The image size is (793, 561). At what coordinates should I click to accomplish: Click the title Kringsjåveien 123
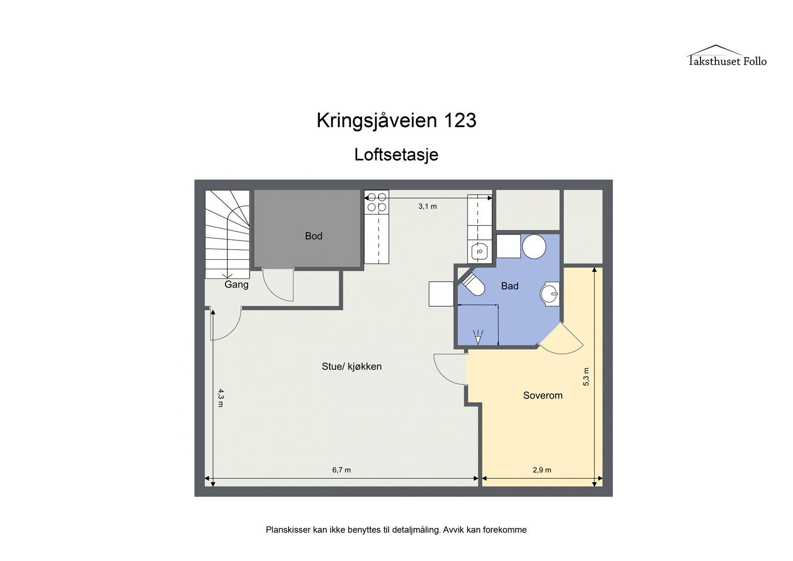click(x=396, y=121)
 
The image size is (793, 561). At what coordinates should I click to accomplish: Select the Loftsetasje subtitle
click(x=396, y=154)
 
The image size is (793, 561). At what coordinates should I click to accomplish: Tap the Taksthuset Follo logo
click(x=727, y=56)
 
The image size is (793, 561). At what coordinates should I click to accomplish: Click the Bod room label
click(x=313, y=236)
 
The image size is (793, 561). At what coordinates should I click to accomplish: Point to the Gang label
click(x=236, y=285)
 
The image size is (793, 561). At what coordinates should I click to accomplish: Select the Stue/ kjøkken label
click(x=351, y=367)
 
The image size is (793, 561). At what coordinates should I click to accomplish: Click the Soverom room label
click(x=542, y=396)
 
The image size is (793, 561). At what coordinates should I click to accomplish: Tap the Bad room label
click(x=509, y=286)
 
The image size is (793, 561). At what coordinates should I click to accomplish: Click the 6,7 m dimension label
click(x=341, y=470)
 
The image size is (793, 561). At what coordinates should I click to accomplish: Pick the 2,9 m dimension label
click(x=542, y=470)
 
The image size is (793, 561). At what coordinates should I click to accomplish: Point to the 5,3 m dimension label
click(x=586, y=377)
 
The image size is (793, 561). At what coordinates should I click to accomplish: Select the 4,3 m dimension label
click(x=221, y=397)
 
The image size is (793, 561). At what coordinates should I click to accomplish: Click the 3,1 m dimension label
click(x=427, y=207)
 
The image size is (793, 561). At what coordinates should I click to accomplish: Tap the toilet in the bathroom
click(x=472, y=284)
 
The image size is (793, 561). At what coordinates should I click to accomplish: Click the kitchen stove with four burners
click(x=376, y=202)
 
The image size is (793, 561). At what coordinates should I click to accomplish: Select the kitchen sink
click(x=479, y=251)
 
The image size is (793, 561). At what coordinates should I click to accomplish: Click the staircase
click(x=227, y=234)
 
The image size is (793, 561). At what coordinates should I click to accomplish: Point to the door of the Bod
click(x=279, y=285)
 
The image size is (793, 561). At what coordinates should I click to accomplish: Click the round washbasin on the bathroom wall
click(x=549, y=294)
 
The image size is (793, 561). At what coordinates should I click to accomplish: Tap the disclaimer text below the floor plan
click(x=396, y=530)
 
